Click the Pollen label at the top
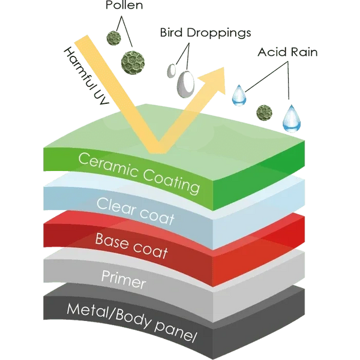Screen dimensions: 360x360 (125, 6)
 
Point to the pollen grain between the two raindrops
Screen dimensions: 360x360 (262, 112)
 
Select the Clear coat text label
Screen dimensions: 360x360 (136, 209)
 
